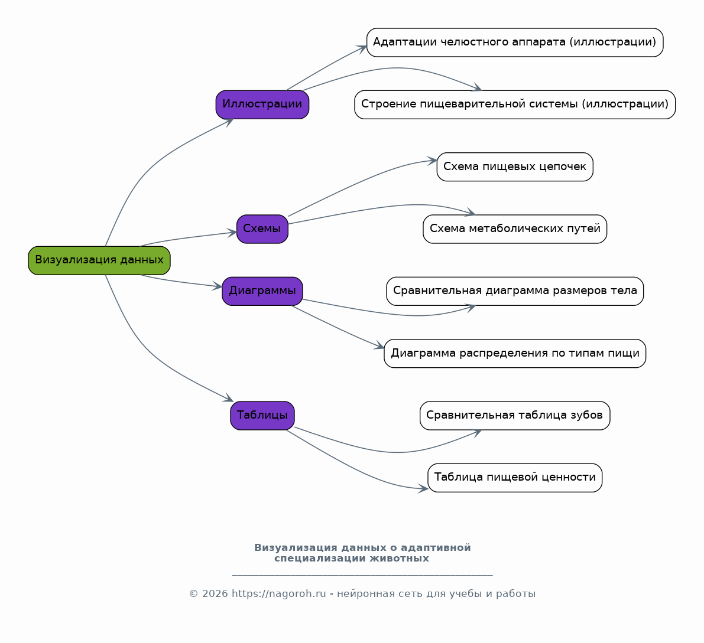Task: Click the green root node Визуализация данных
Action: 99,260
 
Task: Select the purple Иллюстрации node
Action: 262,105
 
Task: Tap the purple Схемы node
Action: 262,229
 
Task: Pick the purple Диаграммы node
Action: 262,291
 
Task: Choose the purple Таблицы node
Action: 262,415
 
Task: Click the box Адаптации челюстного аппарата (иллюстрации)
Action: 514,42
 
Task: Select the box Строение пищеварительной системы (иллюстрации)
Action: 514,105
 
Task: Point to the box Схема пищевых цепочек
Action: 514,167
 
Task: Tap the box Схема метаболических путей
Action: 514,229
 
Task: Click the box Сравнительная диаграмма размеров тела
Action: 514,291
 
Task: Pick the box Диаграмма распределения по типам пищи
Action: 514,353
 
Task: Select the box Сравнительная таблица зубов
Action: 514,415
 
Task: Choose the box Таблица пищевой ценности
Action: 514,478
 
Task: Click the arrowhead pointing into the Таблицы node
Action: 229,398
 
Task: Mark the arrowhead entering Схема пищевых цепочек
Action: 432,161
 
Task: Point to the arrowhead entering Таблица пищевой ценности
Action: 423,489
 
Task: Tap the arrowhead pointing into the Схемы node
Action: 231,232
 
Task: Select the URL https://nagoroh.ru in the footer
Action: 278,593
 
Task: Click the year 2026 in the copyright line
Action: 215,593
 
